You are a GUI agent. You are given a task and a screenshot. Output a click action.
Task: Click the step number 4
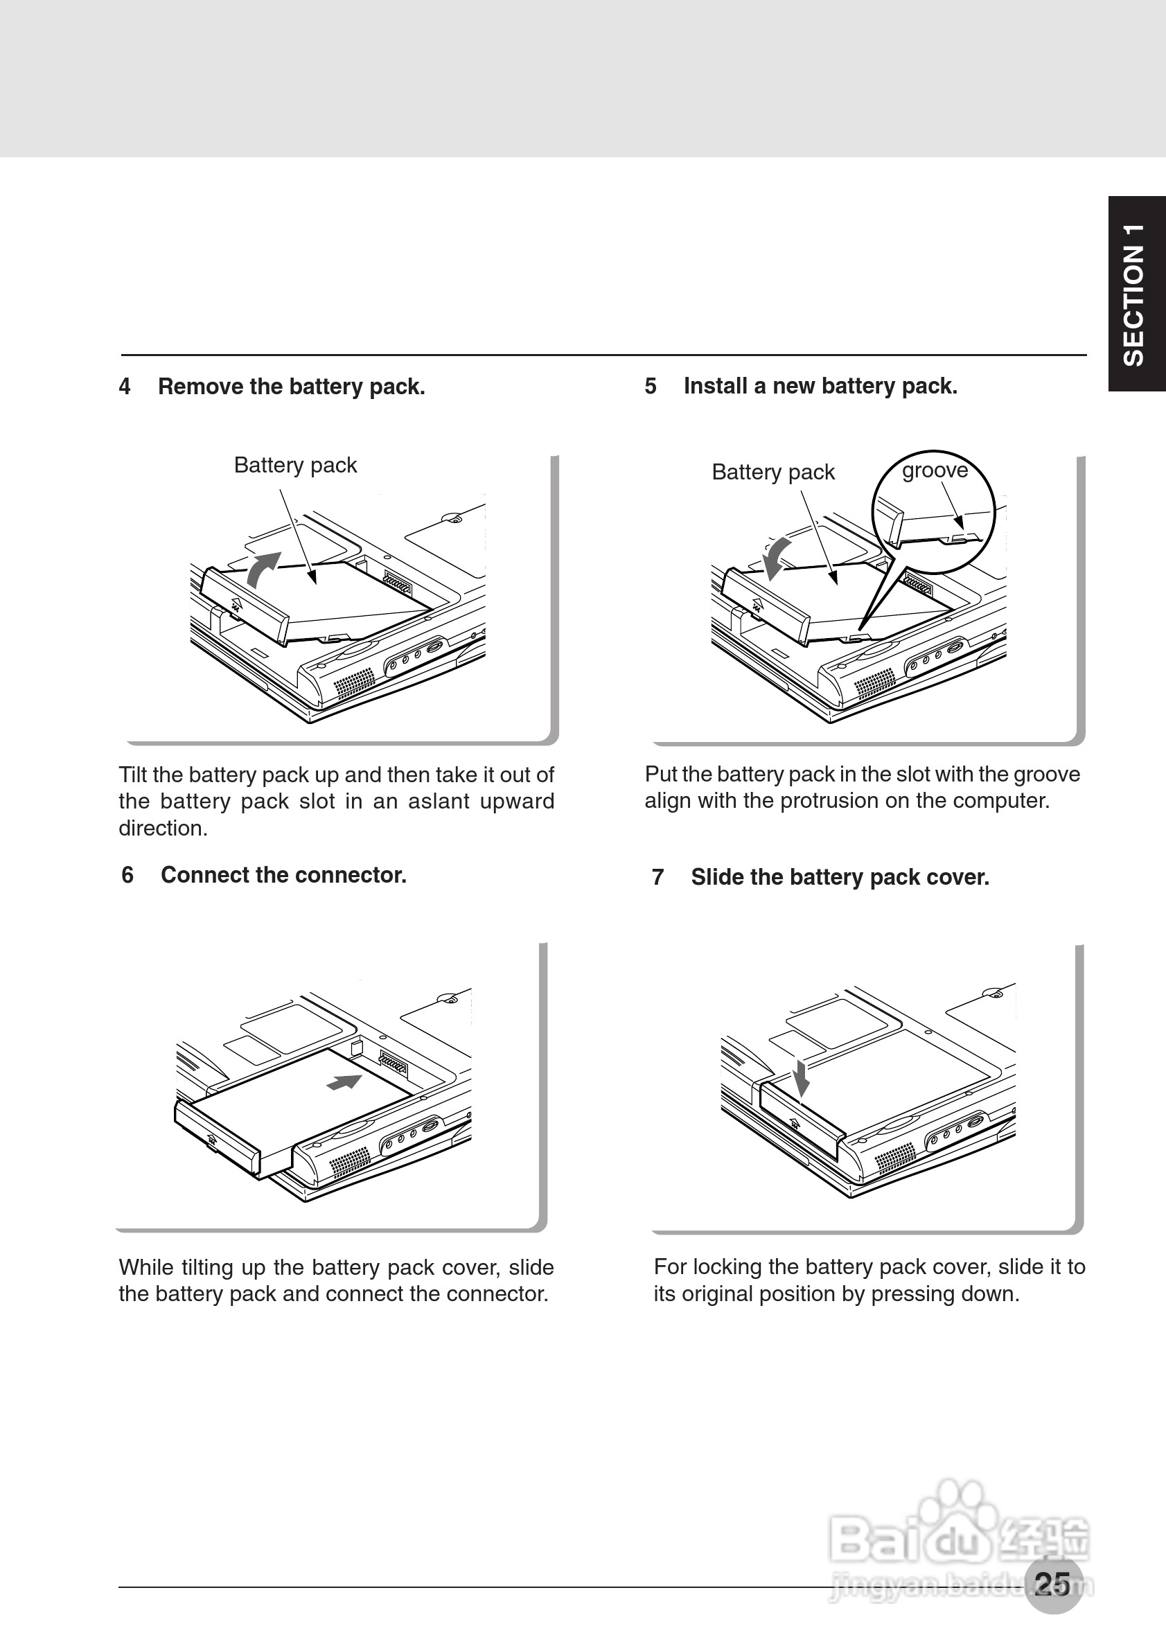(125, 387)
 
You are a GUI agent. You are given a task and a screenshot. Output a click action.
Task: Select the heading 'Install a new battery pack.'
(820, 386)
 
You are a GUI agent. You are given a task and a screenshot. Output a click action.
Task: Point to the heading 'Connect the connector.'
(283, 875)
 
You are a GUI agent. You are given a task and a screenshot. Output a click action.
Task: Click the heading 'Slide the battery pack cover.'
(840, 877)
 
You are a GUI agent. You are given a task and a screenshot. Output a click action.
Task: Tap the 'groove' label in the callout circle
(935, 470)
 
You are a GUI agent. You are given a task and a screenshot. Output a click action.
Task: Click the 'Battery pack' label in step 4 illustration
(294, 466)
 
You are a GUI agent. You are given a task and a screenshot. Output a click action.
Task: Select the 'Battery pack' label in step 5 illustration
(772, 473)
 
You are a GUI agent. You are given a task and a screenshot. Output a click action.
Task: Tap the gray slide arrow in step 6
(344, 1081)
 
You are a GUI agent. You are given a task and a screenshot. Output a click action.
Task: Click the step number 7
(657, 877)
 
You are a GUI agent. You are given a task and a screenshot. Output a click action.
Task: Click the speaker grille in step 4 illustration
(355, 682)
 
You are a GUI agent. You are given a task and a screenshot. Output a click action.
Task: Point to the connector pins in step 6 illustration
(394, 1063)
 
